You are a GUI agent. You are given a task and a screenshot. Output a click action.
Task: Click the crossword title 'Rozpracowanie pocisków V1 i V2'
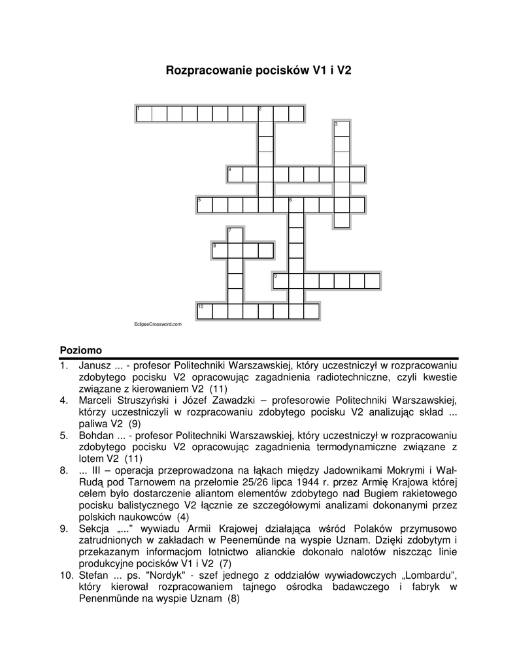click(258, 69)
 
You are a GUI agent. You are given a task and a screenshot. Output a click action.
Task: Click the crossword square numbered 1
click(143, 114)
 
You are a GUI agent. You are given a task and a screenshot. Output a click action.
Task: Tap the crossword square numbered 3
click(342, 129)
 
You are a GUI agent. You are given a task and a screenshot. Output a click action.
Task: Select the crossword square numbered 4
click(235, 174)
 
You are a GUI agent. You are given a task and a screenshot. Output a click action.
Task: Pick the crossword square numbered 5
click(205, 205)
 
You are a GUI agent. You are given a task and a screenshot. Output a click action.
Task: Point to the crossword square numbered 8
click(220, 251)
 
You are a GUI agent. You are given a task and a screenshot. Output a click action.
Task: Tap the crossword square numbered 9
click(280, 282)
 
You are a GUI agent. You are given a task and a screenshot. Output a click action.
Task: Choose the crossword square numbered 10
click(205, 311)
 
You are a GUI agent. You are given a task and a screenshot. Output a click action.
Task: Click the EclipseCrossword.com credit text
click(157, 324)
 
